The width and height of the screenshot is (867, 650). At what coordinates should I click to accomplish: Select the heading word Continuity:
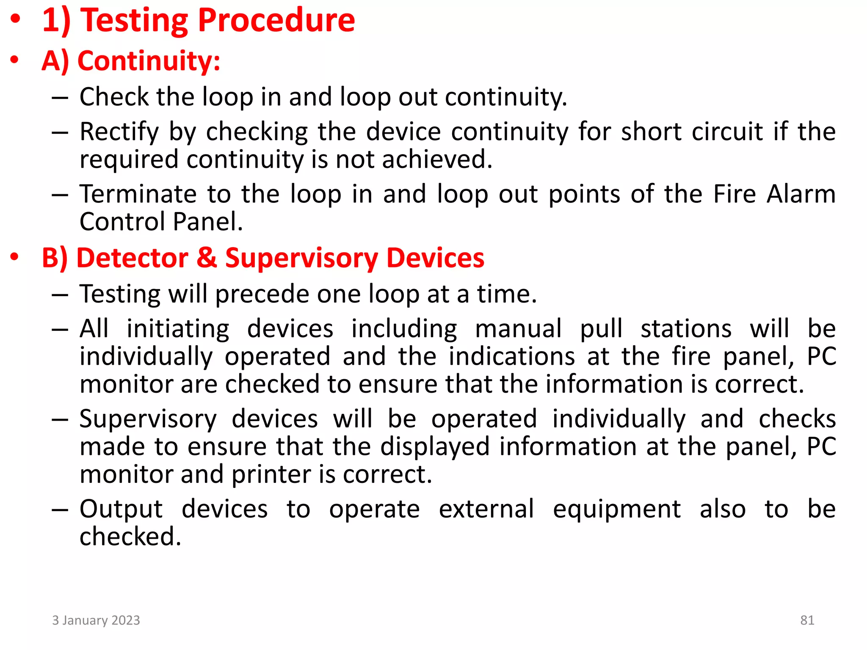[149, 61]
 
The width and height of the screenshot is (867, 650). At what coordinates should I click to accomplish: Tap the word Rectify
[119, 132]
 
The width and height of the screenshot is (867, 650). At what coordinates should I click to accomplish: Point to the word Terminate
[138, 194]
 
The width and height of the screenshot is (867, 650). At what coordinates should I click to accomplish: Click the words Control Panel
[161, 222]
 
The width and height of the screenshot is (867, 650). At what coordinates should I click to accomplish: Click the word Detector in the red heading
[132, 258]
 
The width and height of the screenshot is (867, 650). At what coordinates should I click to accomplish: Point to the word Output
[121, 509]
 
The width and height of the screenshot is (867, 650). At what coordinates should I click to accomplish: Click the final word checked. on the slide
[130, 537]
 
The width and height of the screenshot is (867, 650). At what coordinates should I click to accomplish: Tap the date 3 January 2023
[96, 620]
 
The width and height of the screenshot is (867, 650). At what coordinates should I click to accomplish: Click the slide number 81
[807, 620]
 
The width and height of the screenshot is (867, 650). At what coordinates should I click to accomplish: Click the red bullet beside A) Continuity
[15, 60]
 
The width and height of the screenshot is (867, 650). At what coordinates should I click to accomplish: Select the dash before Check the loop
[60, 98]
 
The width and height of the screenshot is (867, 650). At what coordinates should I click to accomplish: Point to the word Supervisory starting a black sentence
[148, 419]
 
